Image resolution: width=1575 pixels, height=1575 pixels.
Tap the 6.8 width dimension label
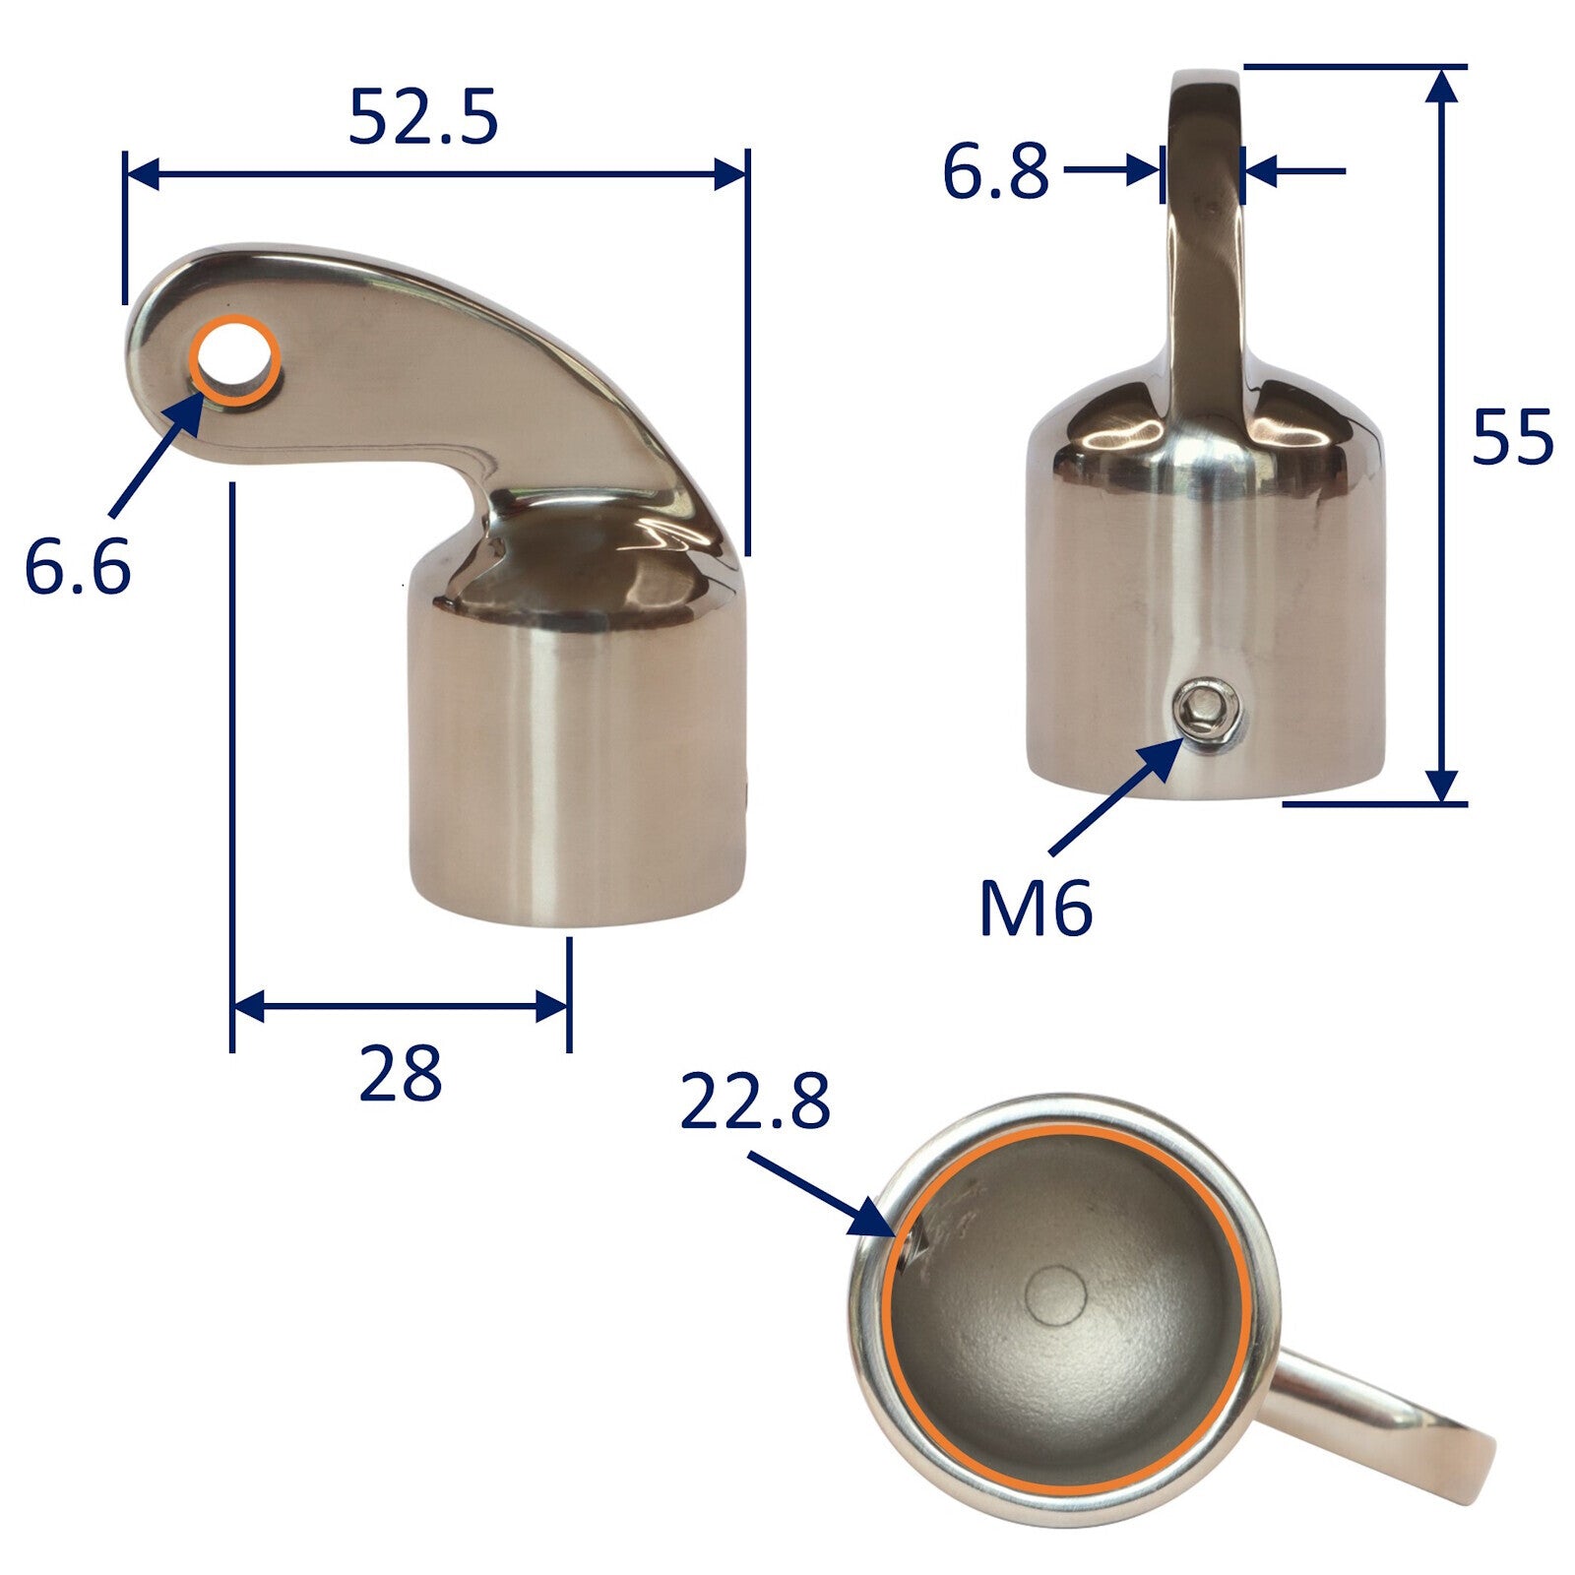pyautogui.click(x=995, y=171)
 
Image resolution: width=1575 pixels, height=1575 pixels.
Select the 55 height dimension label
pyautogui.click(x=1512, y=436)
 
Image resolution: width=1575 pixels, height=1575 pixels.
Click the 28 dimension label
pyautogui.click(x=400, y=1074)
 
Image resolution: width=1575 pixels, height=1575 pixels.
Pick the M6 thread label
pyautogui.click(x=1036, y=909)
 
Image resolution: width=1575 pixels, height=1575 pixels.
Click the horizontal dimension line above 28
pyautogui.click(x=400, y=1007)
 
